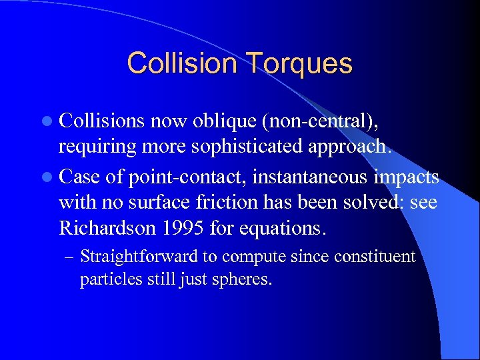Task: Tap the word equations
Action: click(x=283, y=229)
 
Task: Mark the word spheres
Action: click(x=246, y=279)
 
